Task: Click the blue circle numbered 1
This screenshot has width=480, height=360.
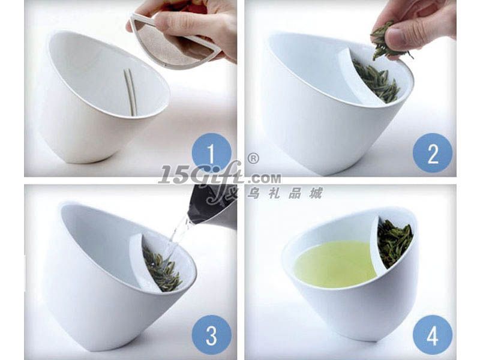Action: point(211,152)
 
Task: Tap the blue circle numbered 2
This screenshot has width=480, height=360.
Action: point(433,153)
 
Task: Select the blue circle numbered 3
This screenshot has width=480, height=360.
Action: point(212,335)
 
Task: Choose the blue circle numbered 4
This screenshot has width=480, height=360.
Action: point(433,335)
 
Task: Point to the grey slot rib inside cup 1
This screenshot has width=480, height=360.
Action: point(130,92)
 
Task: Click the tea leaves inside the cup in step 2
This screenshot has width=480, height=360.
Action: point(377,81)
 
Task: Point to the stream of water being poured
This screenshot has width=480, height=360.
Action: point(178,236)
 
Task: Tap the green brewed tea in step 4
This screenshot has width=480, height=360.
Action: point(335,263)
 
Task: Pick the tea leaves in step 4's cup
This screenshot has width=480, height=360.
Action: point(394,242)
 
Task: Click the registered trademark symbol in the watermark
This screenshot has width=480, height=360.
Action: point(253,158)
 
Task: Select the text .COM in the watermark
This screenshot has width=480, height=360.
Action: point(264,178)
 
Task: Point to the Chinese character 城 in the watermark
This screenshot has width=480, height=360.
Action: point(316,193)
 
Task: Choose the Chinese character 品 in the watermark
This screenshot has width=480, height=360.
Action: point(295,193)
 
